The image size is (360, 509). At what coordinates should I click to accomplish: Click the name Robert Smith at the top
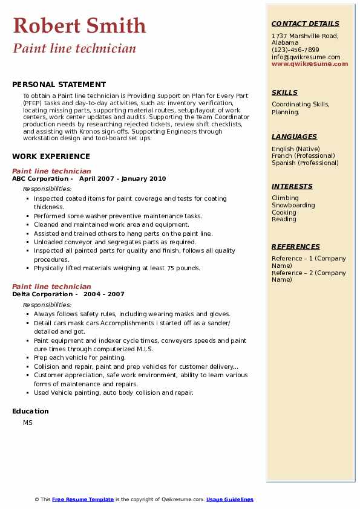tap(79, 25)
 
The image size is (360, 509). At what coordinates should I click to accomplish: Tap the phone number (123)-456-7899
tap(295, 50)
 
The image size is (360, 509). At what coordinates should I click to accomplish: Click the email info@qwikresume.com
tap(306, 57)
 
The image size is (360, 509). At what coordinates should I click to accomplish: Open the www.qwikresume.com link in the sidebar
tap(310, 63)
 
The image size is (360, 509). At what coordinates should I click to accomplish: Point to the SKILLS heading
tap(284, 92)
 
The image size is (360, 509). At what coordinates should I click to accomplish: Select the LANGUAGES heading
tap(294, 137)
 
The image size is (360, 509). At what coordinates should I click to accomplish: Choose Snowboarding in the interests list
tap(293, 205)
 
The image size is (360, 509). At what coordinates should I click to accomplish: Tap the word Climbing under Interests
tap(285, 198)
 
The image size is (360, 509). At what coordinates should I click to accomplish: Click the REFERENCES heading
tap(296, 247)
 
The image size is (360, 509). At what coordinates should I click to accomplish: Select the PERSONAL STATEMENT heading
tap(59, 85)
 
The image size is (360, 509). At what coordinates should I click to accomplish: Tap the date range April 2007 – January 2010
tap(122, 179)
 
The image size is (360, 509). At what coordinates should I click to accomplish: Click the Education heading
tap(30, 411)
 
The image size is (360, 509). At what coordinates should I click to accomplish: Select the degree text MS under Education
tap(28, 423)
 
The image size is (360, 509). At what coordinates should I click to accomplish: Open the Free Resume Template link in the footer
tap(83, 499)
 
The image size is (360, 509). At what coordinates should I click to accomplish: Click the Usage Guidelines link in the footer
tap(229, 499)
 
